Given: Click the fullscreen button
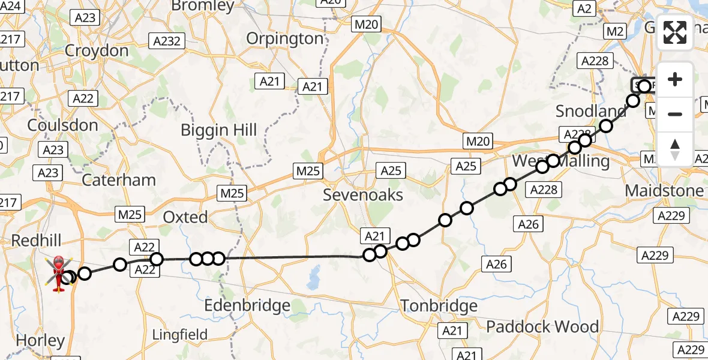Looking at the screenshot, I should [x=675, y=32].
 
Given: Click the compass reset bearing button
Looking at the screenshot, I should [x=675, y=149].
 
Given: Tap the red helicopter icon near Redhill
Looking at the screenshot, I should [x=59, y=274].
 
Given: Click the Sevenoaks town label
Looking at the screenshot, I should [x=363, y=195].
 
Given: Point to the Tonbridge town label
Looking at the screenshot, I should [x=439, y=306].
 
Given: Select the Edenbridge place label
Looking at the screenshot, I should [x=247, y=305].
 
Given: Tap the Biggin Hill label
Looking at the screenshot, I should [x=219, y=130].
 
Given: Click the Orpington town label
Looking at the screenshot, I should [x=286, y=38].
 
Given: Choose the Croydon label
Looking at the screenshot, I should [x=97, y=50].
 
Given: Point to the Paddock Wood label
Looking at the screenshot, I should [x=542, y=326].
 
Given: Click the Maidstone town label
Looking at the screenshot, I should [x=664, y=191].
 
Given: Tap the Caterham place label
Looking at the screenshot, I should [x=119, y=179].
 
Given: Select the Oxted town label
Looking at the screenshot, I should [x=185, y=217].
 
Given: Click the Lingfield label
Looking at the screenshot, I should [x=180, y=334].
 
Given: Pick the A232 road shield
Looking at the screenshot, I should [x=167, y=41].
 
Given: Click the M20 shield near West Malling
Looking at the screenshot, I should [x=478, y=142].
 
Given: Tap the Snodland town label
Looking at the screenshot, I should [x=590, y=111].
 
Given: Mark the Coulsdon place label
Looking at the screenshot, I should [x=62, y=125].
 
